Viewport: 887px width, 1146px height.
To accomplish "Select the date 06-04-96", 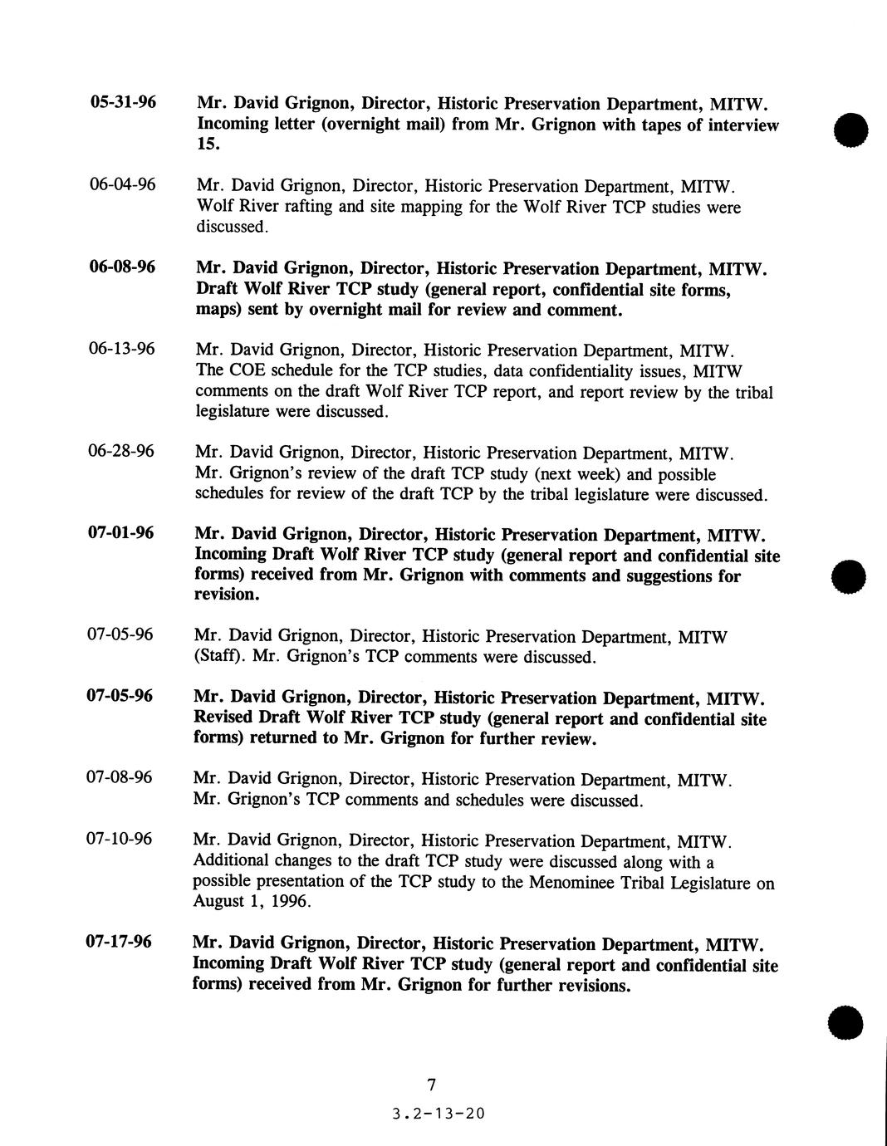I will tap(122, 185).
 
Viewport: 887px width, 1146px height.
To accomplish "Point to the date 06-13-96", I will tap(121, 349).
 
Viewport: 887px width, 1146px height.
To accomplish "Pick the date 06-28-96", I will tap(121, 452).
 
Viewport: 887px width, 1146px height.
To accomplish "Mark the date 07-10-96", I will tap(120, 840).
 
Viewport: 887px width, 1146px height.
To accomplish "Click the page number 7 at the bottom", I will tap(431, 1085).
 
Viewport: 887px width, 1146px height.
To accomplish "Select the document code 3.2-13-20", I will tap(437, 1114).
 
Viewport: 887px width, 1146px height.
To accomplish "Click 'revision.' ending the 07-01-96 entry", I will tap(227, 595).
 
